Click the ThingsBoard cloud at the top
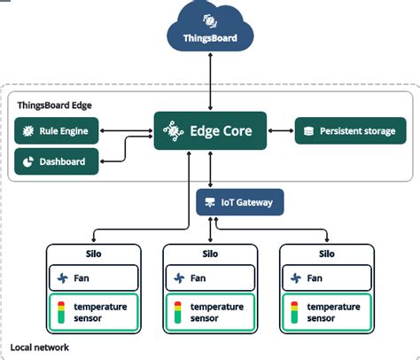pos(210,29)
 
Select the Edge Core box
pos(209,131)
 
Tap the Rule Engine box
pos(57,132)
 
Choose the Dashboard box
pos(57,161)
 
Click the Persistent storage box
pos(350,131)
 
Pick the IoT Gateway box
pos(239,202)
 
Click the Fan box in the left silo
pos(93,278)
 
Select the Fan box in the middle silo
pos(209,278)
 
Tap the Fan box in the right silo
pos(325,278)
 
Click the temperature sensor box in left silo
pos(93,311)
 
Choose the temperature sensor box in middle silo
pos(209,311)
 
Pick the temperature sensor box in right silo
pos(325,311)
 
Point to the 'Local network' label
pos(39,347)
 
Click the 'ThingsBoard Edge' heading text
pos(56,105)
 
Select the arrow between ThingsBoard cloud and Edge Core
pos(210,80)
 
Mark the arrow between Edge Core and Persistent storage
pos(280,131)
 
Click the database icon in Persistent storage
pos(307,131)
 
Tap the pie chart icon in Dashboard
pos(27,161)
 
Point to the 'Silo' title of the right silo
pos(325,254)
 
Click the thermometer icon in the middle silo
pos(176,311)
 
